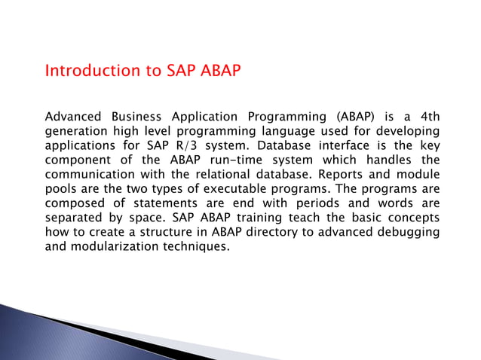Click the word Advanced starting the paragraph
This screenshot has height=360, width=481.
point(76,117)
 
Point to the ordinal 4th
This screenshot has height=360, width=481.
point(426,117)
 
